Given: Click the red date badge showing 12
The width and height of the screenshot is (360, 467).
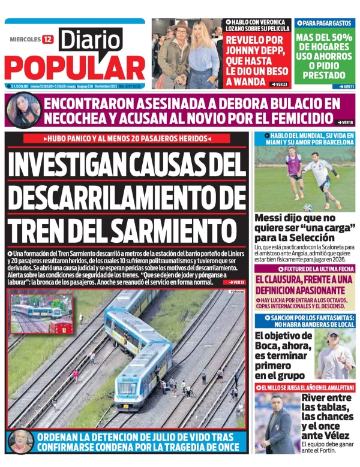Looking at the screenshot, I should [x=47, y=40].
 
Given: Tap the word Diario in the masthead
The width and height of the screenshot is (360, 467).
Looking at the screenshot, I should [x=90, y=40].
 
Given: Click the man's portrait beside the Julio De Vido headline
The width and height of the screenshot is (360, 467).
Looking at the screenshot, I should [x=21, y=442].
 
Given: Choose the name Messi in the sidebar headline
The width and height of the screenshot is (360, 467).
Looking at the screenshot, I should [x=271, y=219].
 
